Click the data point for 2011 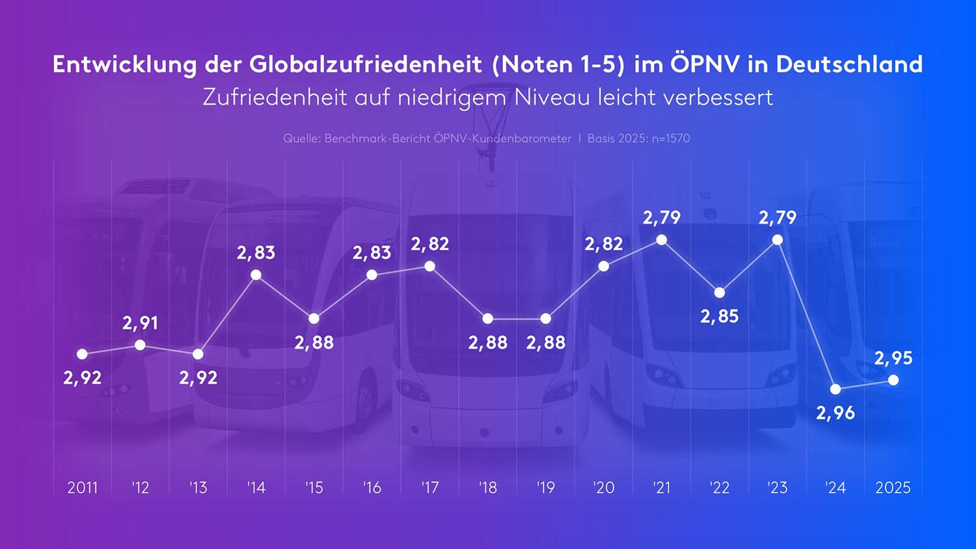click(x=82, y=354)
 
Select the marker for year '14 click(x=256, y=275)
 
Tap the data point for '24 click(x=835, y=389)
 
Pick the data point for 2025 click(x=893, y=380)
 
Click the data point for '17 click(x=429, y=266)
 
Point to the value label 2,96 click(x=835, y=412)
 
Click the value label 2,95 click(x=893, y=358)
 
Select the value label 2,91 click(x=140, y=323)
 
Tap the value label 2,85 click(x=719, y=316)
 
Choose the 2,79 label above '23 click(x=777, y=217)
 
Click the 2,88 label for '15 click(x=314, y=342)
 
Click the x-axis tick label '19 click(x=545, y=487)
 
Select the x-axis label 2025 click(x=893, y=487)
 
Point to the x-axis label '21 click(x=661, y=487)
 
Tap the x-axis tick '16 click(x=372, y=487)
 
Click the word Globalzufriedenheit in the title click(x=365, y=64)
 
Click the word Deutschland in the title click(x=849, y=64)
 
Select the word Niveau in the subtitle click(x=552, y=98)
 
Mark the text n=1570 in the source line click(x=671, y=139)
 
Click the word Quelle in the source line click(x=301, y=139)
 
